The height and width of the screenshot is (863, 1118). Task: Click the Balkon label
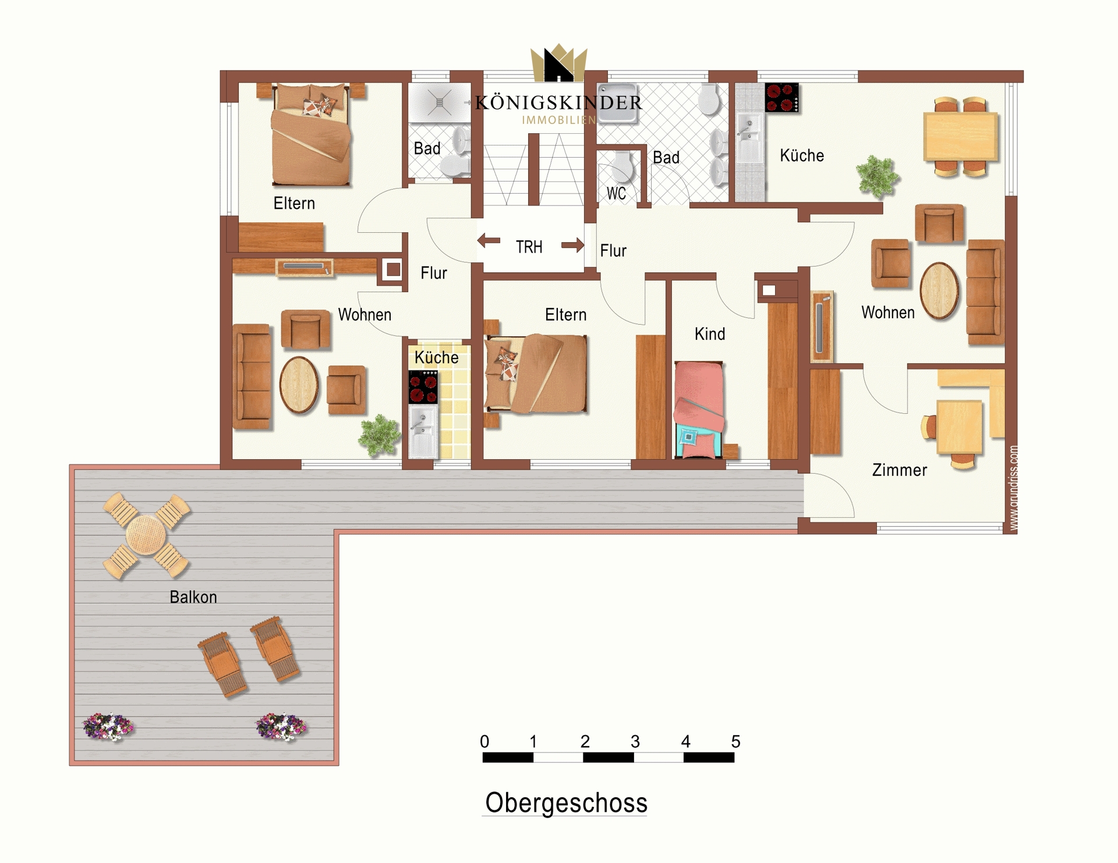[193, 597]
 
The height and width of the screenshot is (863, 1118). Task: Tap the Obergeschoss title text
[566, 802]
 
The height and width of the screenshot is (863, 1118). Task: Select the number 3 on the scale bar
[635, 741]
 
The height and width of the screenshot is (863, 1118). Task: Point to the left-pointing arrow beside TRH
[489, 240]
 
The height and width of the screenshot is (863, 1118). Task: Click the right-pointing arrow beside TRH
[572, 245]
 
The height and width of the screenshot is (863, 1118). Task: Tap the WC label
[616, 193]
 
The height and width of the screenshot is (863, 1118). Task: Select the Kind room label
[710, 334]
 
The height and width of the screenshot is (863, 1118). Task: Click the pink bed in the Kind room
[699, 410]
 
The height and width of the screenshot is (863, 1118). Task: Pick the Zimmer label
[899, 470]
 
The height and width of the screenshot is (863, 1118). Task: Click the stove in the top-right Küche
[781, 98]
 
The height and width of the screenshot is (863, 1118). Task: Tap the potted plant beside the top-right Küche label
[878, 176]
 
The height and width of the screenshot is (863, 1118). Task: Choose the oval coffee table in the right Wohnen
[939, 291]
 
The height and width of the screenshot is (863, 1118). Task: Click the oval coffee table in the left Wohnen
[299, 385]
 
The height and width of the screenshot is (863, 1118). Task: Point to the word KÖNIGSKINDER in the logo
[558, 103]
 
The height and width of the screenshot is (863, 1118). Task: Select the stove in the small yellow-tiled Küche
[423, 386]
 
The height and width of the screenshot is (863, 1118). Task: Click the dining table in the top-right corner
[960, 137]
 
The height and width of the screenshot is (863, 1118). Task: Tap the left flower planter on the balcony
[108, 727]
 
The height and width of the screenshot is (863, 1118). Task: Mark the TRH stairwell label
[529, 247]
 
